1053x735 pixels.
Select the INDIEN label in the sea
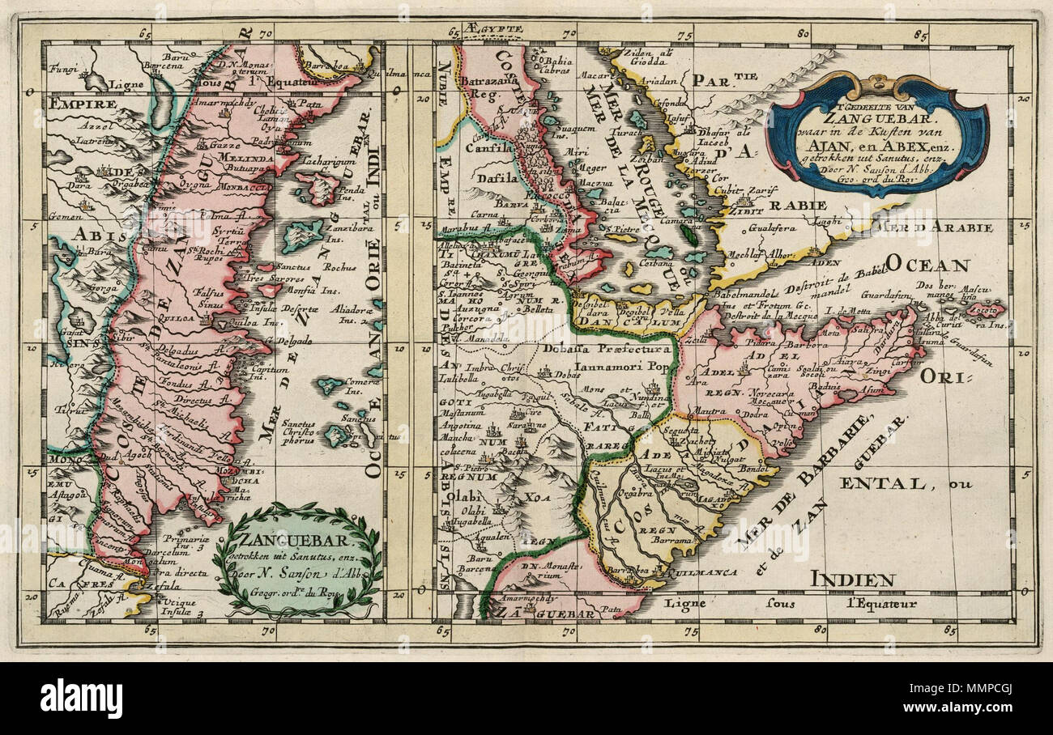pos(852,579)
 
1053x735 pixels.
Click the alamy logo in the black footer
pos(81,699)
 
